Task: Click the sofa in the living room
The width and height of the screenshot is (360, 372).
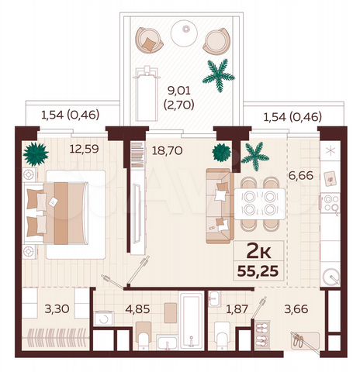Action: coord(218,205)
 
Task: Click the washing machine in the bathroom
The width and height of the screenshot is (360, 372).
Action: coord(104,318)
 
